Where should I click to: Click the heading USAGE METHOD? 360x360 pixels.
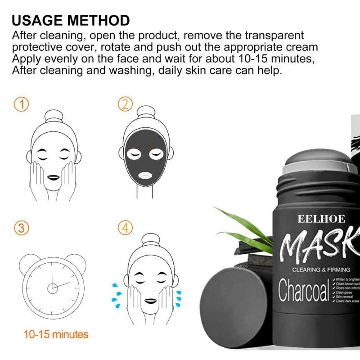[71, 20]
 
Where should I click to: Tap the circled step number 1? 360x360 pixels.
[21, 105]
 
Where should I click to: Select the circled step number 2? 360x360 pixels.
[126, 105]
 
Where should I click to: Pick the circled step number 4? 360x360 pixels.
[126, 228]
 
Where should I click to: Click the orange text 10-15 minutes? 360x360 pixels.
[56, 334]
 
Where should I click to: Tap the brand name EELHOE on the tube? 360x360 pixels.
[321, 220]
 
